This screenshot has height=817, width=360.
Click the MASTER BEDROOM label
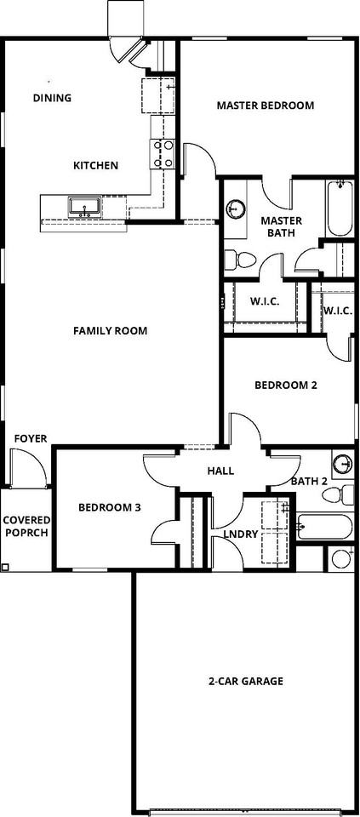click(x=266, y=106)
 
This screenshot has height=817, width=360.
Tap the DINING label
click(x=52, y=98)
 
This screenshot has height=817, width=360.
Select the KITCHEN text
click(x=95, y=165)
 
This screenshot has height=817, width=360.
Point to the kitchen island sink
click(x=84, y=206)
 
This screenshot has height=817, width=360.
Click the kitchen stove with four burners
click(x=163, y=153)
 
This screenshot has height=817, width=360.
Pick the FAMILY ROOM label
click(x=111, y=330)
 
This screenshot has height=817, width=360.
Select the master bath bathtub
click(x=339, y=208)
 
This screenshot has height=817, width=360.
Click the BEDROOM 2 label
click(x=286, y=385)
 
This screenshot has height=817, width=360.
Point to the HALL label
click(x=220, y=471)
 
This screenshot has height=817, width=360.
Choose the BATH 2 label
click(x=309, y=482)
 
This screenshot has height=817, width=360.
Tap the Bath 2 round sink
click(x=343, y=464)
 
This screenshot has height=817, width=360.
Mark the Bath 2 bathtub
click(x=324, y=527)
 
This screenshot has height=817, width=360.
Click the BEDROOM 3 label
click(x=110, y=507)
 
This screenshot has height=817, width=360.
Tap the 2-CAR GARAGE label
click(x=246, y=681)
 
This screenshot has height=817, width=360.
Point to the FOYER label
click(x=31, y=439)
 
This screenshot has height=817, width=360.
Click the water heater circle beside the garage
click(x=340, y=559)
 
